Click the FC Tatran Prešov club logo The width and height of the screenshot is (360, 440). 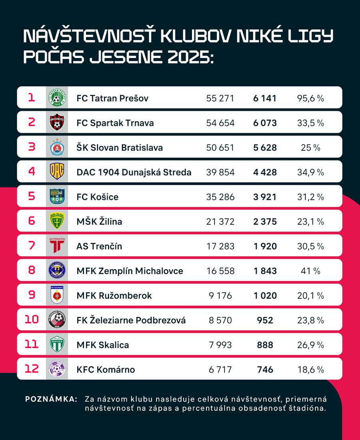(x=57, y=98)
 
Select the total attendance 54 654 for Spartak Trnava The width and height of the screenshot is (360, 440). (x=220, y=123)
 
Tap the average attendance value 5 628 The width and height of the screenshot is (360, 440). (x=264, y=148)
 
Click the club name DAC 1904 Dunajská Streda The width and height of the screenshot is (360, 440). (x=134, y=172)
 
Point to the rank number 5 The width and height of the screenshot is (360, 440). (x=32, y=196)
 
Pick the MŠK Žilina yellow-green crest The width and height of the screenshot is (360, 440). (x=57, y=221)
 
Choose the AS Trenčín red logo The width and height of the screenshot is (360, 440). (x=57, y=246)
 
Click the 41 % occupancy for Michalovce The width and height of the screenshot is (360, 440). (x=310, y=271)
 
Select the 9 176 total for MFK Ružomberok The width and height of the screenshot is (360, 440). (x=220, y=296)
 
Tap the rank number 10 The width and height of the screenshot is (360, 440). (x=32, y=320)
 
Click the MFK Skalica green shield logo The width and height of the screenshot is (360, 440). (x=57, y=344)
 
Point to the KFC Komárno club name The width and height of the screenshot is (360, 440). (x=106, y=370)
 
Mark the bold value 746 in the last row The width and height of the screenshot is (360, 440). (x=264, y=370)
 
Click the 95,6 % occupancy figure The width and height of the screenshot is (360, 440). (x=310, y=98)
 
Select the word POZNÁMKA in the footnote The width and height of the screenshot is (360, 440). (x=51, y=399)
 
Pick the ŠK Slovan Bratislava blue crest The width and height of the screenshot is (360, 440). (x=57, y=148)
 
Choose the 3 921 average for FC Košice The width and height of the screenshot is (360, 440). (x=264, y=197)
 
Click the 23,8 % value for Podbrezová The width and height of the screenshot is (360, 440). (x=310, y=320)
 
